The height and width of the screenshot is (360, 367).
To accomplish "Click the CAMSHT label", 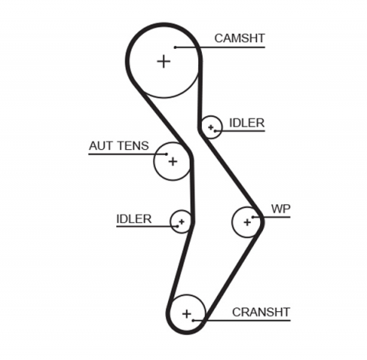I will (x=239, y=37).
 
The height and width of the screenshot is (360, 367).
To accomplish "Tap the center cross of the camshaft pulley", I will (x=163, y=61).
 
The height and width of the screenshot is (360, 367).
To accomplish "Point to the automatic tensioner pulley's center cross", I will (x=173, y=161).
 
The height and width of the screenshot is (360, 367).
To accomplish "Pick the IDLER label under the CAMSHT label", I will (x=246, y=122).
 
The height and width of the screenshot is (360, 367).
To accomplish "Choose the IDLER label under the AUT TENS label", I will (x=134, y=219).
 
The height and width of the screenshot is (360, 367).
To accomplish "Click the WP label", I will (x=281, y=209).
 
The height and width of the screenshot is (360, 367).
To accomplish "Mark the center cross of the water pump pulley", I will (x=247, y=222).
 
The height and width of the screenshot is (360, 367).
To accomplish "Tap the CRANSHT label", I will (x=261, y=311).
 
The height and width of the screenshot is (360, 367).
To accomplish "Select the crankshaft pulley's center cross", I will (x=187, y=313).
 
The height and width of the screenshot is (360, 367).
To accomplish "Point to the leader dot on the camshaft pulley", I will (x=175, y=47).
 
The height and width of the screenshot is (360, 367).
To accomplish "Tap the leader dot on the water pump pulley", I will (x=257, y=219).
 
